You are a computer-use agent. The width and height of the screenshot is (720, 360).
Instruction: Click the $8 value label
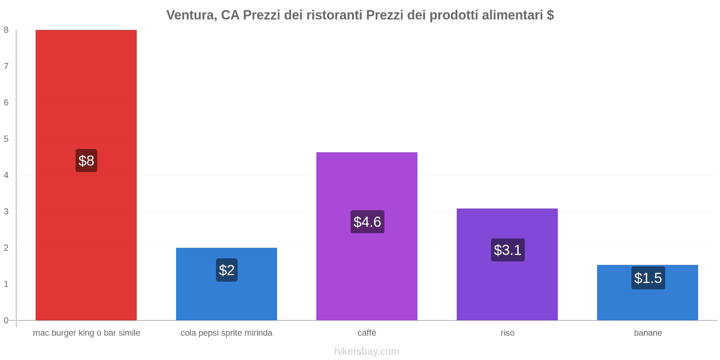pyautogui.click(x=86, y=161)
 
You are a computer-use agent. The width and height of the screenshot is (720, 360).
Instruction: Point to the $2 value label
pyautogui.click(x=226, y=270)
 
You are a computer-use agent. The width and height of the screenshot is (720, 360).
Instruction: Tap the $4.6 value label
pyautogui.click(x=367, y=222)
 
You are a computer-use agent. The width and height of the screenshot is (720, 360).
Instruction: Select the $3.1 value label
pyautogui.click(x=508, y=250)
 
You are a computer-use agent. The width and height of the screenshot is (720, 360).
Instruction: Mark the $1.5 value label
pyautogui.click(x=648, y=278)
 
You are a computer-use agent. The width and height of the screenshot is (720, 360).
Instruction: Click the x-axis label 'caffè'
pyautogui.click(x=367, y=333)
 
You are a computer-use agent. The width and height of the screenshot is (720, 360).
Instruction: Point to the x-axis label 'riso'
pyautogui.click(x=507, y=333)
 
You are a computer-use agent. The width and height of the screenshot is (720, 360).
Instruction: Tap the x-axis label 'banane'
pyautogui.click(x=648, y=333)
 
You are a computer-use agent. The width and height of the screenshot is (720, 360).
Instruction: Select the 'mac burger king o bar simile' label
pyautogui.click(x=86, y=333)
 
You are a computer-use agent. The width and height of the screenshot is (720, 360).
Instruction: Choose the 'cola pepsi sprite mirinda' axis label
pyautogui.click(x=226, y=333)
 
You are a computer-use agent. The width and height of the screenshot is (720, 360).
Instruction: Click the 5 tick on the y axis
pyautogui.click(x=6, y=139)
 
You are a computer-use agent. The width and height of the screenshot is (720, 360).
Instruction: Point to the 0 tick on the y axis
pyautogui.click(x=6, y=320)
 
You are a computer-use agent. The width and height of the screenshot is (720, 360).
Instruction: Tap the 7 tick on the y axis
pyautogui.click(x=6, y=67)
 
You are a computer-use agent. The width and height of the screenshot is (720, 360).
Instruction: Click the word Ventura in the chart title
pyautogui.click(x=191, y=15)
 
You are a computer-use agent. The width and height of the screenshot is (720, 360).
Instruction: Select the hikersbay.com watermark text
pyautogui.click(x=367, y=351)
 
